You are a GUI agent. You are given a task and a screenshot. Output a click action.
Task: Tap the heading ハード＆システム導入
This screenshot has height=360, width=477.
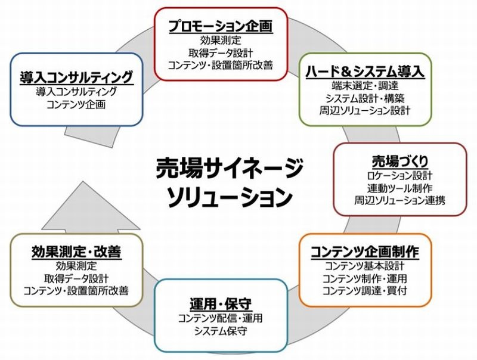pyautogui.click(x=365, y=71)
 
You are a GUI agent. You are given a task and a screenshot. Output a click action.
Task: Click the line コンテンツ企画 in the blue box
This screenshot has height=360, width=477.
pyautogui.click(x=76, y=104)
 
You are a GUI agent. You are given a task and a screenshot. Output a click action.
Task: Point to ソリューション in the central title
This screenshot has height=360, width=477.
pyautogui.click(x=230, y=195)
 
